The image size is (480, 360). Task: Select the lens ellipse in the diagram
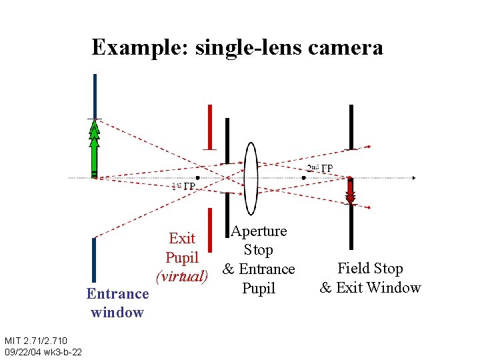(251, 176)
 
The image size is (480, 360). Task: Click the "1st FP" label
(183, 187)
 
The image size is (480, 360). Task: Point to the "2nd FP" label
(321, 168)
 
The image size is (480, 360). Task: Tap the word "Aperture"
(259, 231)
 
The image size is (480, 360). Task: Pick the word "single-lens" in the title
(237, 47)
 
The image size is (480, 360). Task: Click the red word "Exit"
(182, 238)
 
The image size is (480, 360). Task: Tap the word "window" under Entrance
(117, 312)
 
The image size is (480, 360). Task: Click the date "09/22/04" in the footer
(21, 351)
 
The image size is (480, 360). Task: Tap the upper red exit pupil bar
(210, 127)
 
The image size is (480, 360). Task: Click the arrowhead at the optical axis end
(414, 178)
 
